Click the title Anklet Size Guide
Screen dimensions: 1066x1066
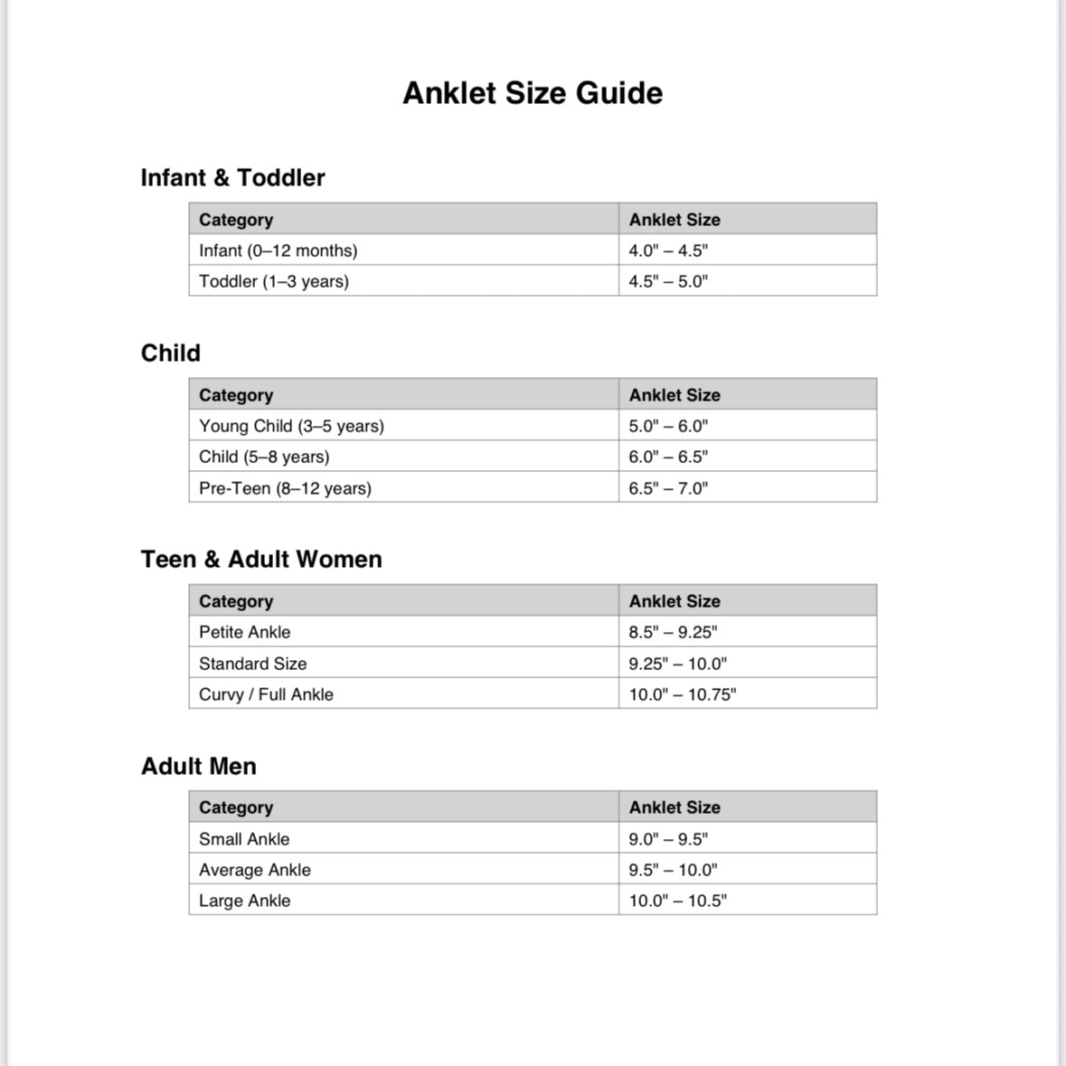(x=533, y=93)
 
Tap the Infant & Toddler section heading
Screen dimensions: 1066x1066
(x=232, y=177)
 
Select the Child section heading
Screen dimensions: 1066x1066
(x=171, y=353)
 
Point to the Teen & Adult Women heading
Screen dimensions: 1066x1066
(x=261, y=559)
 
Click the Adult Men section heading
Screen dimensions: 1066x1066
(x=199, y=766)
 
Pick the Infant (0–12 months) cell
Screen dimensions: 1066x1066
(x=278, y=250)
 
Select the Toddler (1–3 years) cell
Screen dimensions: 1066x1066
(x=274, y=281)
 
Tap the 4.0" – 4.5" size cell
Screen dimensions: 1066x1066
(x=668, y=250)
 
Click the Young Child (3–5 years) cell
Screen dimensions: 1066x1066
(x=291, y=426)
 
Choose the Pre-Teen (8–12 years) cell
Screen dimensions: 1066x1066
(x=285, y=488)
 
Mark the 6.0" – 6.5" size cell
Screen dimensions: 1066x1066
(x=668, y=457)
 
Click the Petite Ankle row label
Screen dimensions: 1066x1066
(x=245, y=632)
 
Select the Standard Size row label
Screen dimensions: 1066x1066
(x=253, y=664)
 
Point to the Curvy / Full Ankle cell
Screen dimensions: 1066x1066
(x=266, y=694)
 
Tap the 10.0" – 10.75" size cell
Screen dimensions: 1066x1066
(x=683, y=694)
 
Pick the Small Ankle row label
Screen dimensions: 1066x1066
(x=244, y=839)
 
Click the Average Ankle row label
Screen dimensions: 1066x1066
(x=255, y=870)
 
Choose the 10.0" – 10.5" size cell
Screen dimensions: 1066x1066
(x=678, y=901)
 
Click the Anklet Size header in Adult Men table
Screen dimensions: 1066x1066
(x=675, y=807)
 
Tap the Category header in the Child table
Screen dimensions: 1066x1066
(x=236, y=395)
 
